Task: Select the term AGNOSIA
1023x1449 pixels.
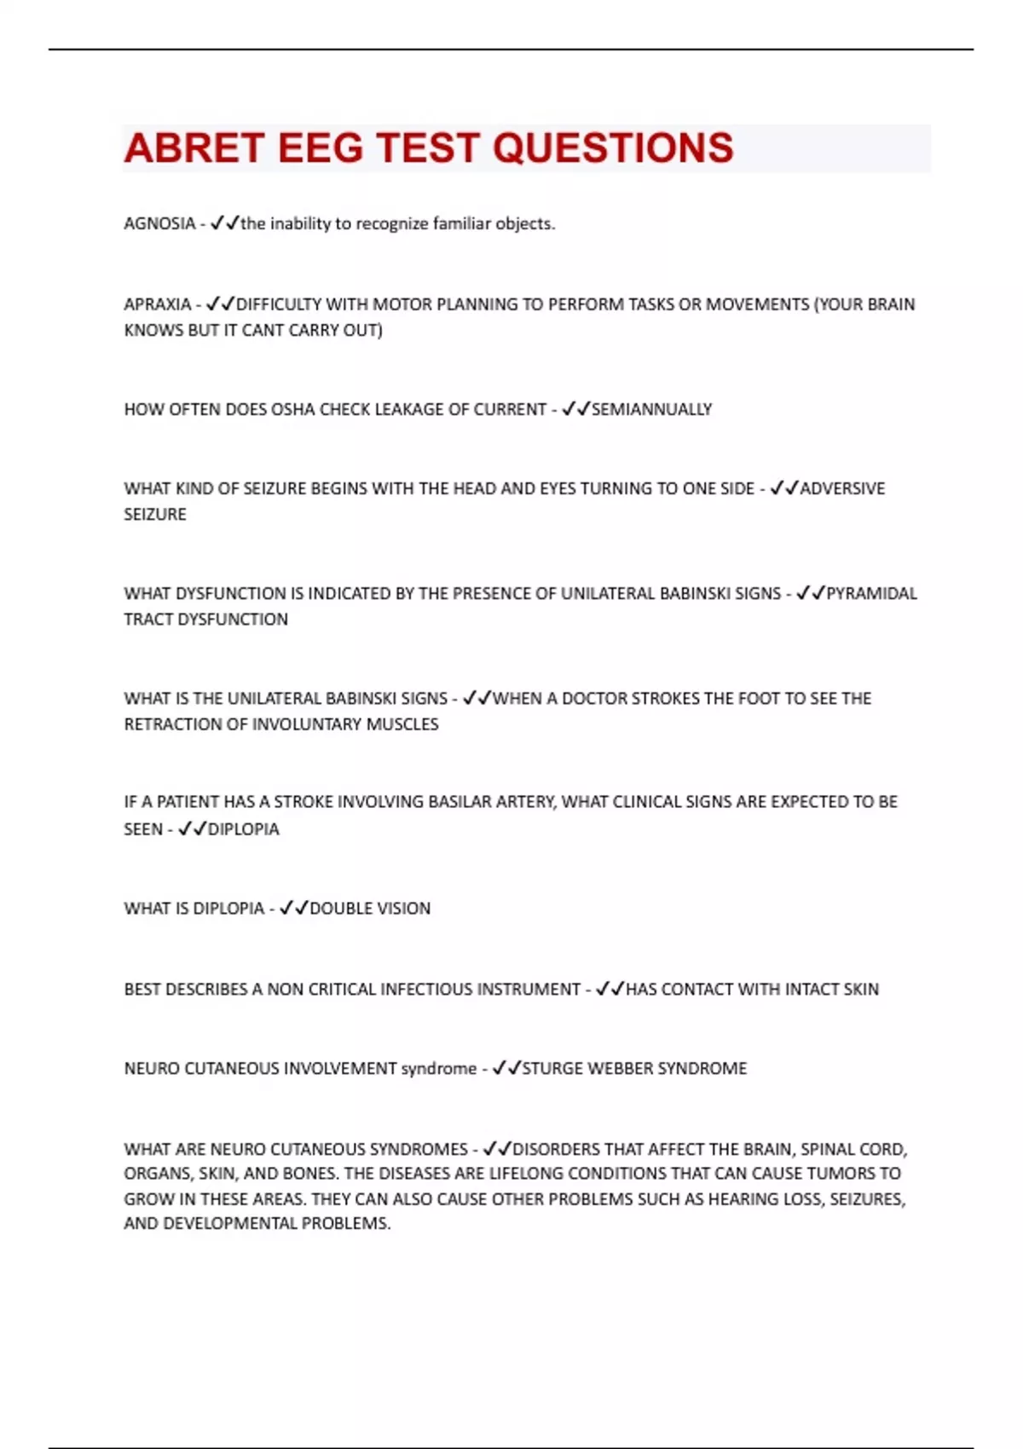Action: point(159,223)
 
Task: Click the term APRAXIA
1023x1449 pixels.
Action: point(158,304)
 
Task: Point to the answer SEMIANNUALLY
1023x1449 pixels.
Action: point(651,409)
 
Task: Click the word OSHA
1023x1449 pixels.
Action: point(293,409)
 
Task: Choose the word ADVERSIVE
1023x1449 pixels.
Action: point(842,488)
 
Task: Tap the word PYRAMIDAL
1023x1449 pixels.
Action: point(871,593)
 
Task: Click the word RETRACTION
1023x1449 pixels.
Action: point(174,724)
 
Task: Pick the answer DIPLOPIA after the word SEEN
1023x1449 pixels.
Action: point(243,828)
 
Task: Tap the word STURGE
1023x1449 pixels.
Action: point(552,1068)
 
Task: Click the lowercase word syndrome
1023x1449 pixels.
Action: point(438,1068)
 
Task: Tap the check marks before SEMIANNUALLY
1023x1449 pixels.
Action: point(575,409)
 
